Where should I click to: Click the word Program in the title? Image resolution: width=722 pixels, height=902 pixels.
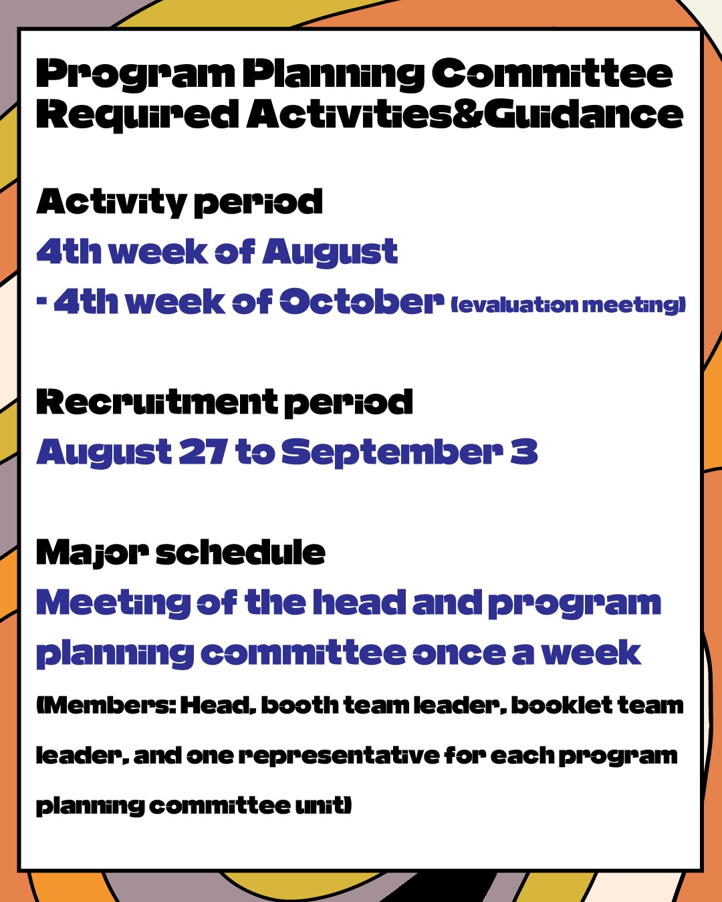coord(135,76)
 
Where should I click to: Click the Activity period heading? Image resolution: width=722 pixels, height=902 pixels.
coord(180,202)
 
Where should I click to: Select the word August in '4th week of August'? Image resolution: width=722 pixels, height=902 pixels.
coord(330,253)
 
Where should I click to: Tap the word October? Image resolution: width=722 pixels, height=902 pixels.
coord(362,301)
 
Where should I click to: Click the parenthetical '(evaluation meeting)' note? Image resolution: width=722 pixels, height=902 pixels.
coord(568,305)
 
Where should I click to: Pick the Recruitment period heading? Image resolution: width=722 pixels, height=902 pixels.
coord(225,403)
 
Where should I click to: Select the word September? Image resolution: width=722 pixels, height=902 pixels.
coord(392,453)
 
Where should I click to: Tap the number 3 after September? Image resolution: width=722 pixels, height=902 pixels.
coord(524,452)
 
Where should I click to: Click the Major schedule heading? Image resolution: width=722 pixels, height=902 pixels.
coord(180,553)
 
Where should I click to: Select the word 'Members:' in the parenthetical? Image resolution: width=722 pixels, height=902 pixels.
coord(106,706)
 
